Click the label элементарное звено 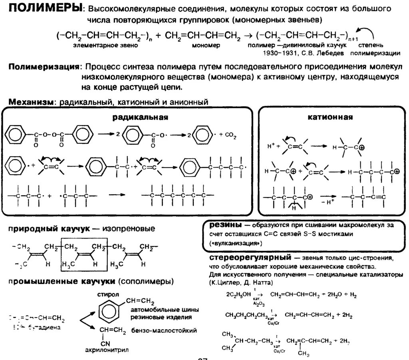click(x=105, y=46)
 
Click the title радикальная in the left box click(x=139, y=117)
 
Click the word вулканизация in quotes click(x=236, y=243)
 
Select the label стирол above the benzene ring click(x=106, y=295)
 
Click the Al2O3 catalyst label click(x=256, y=304)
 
